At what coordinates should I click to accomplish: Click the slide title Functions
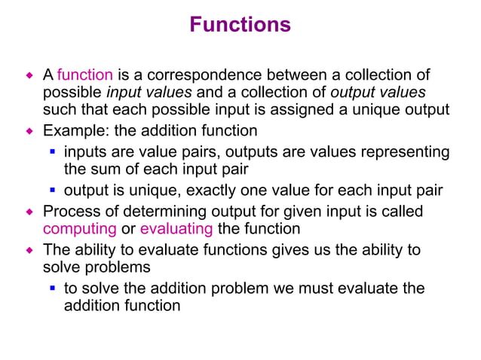coord(240,25)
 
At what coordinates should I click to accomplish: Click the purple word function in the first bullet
coord(85,75)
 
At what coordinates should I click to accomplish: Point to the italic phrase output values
coord(378,93)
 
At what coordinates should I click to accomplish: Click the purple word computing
coord(80,228)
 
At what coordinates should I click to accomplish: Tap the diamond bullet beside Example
coord(31,131)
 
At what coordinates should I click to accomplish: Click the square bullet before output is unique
coord(54,191)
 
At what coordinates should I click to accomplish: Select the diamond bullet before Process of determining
coord(31,212)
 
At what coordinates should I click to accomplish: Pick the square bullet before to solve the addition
coord(54,288)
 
